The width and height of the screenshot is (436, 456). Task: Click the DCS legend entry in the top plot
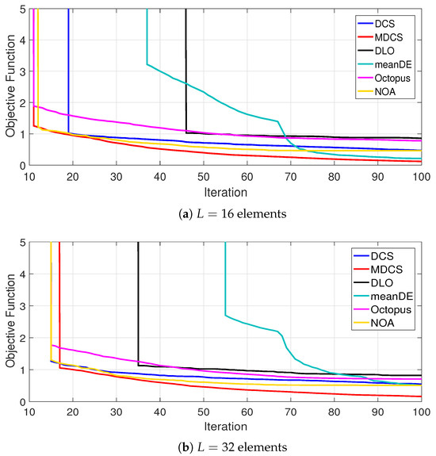(x=376, y=24)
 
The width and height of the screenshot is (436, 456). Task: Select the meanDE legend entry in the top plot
(x=384, y=64)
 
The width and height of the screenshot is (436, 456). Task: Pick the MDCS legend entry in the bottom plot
(x=378, y=270)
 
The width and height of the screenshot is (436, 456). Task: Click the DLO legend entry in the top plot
(x=376, y=51)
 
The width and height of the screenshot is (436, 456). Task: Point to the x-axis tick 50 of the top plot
(x=204, y=177)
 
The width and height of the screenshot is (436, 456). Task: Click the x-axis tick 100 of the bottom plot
(x=422, y=412)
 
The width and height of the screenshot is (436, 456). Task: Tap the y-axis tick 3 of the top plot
(x=23, y=71)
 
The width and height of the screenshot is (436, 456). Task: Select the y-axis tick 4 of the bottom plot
(x=23, y=274)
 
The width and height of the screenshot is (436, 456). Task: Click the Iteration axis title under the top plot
(x=226, y=193)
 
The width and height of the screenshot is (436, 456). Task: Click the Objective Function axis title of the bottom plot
(x=10, y=320)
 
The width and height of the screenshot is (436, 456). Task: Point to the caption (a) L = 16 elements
(x=232, y=214)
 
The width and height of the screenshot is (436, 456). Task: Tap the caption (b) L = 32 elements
(x=232, y=447)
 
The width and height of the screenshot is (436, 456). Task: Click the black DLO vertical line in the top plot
(x=186, y=71)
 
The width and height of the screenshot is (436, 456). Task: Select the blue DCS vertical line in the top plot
(x=69, y=71)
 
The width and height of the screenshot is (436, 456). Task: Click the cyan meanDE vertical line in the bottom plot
(x=225, y=278)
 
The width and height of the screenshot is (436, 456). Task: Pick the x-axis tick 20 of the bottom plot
(x=73, y=412)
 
